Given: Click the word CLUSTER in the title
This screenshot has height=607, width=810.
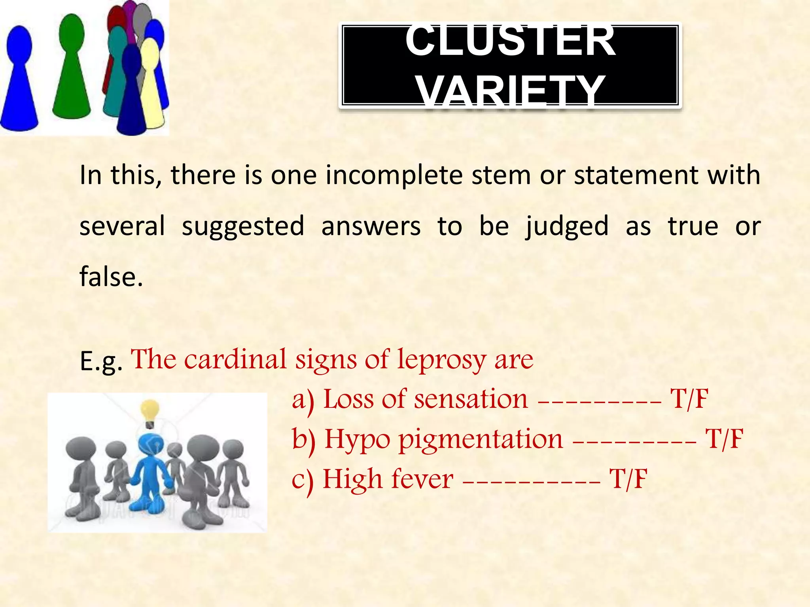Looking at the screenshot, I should (510, 41).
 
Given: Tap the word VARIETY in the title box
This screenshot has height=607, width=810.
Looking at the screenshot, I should (510, 90).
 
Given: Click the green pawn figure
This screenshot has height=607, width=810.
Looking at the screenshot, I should (72, 67).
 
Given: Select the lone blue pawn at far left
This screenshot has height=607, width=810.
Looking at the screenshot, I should (19, 79).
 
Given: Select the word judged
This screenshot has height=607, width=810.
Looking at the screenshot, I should (567, 226).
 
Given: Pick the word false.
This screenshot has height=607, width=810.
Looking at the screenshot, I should (111, 277).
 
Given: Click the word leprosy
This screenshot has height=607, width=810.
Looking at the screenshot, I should (441, 360).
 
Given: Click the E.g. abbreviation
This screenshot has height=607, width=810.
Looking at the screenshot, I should (101, 361).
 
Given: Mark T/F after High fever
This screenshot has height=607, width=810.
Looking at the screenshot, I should (628, 479).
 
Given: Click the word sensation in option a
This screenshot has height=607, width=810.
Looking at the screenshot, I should (471, 399).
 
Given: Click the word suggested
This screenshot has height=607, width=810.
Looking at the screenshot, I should (243, 226).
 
